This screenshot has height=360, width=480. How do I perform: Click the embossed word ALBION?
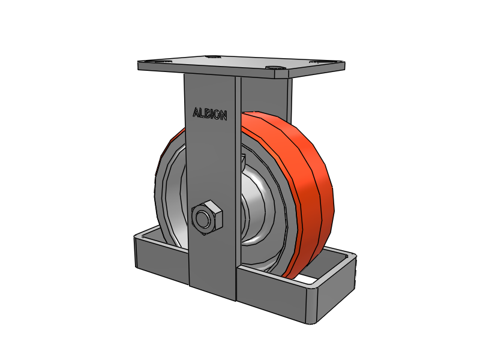point(210,114)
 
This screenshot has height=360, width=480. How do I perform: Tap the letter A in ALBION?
point(196,112)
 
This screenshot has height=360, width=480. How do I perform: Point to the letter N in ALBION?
point(223,115)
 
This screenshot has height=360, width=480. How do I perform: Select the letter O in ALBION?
point(216,115)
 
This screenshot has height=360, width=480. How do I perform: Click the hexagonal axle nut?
point(206,217)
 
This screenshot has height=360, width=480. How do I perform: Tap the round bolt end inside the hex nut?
point(203,218)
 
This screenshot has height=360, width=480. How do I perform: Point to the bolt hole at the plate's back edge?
point(212,57)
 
